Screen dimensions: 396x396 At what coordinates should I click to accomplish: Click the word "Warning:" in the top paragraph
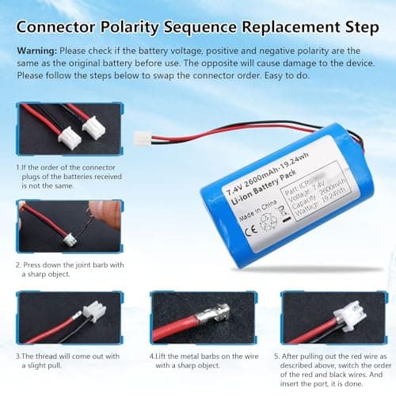click(37, 49)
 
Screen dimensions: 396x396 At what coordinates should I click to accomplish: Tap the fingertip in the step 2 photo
click(112, 210)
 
